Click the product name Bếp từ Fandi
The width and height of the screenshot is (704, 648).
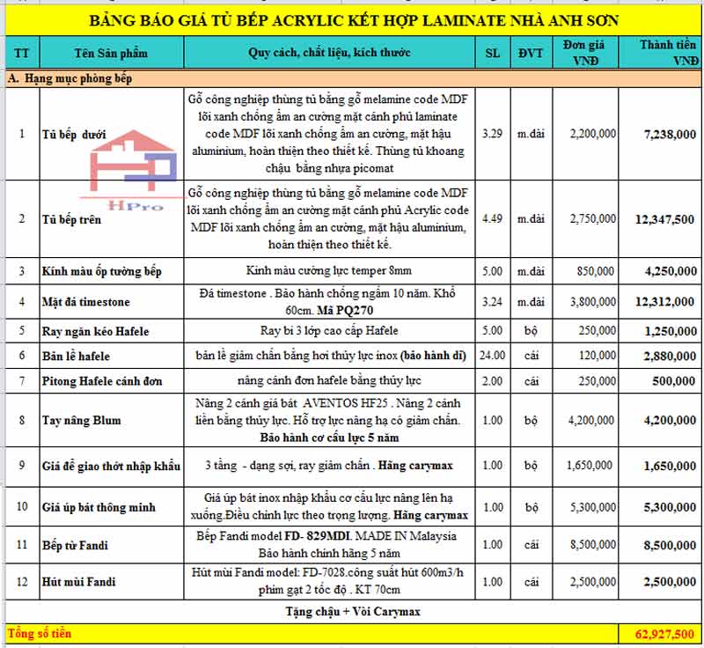point(76,546)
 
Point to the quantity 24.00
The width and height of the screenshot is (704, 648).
point(493,357)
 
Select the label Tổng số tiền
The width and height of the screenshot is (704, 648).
point(40,634)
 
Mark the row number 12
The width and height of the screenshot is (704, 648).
point(22,582)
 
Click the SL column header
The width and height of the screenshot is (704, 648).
point(493,53)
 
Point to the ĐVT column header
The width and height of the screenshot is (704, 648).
point(531,53)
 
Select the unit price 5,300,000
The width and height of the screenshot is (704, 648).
point(591,507)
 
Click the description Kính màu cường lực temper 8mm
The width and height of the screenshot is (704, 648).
point(329,270)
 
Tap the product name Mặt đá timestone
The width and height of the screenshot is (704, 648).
point(86,302)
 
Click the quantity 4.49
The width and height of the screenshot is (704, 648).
point(493,219)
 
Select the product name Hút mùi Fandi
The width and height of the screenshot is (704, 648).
point(79,582)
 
